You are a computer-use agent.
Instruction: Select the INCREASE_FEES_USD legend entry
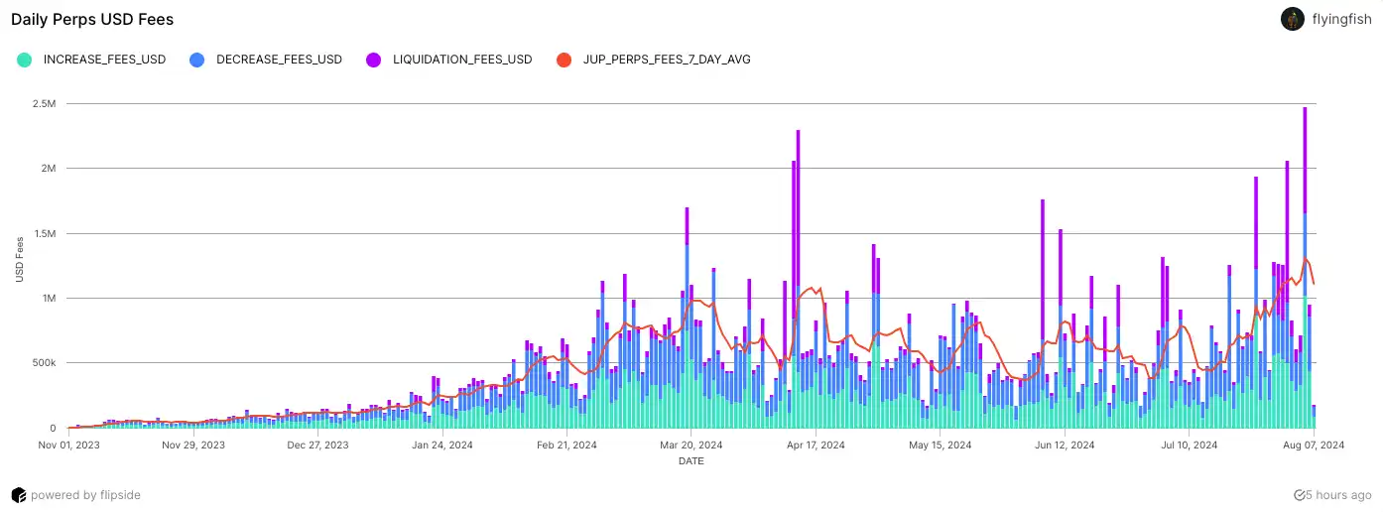(104, 60)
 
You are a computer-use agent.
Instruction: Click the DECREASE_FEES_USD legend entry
(279, 60)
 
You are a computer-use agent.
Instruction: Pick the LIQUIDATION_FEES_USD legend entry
(462, 60)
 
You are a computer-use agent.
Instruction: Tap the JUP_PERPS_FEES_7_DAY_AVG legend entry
(667, 60)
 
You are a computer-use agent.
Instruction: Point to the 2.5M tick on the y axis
(44, 104)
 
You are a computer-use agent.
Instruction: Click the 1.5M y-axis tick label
(44, 234)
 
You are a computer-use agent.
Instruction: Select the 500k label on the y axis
(44, 363)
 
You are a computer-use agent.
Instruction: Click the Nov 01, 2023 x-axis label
(68, 446)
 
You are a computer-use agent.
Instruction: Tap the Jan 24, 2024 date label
(442, 446)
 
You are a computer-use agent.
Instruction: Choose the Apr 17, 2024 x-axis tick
(815, 446)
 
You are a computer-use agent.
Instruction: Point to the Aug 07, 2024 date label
(1314, 446)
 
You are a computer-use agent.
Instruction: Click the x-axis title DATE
(691, 461)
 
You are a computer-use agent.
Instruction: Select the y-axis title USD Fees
(20, 258)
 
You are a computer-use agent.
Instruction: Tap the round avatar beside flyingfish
(1293, 19)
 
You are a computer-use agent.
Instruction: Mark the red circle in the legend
(565, 60)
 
